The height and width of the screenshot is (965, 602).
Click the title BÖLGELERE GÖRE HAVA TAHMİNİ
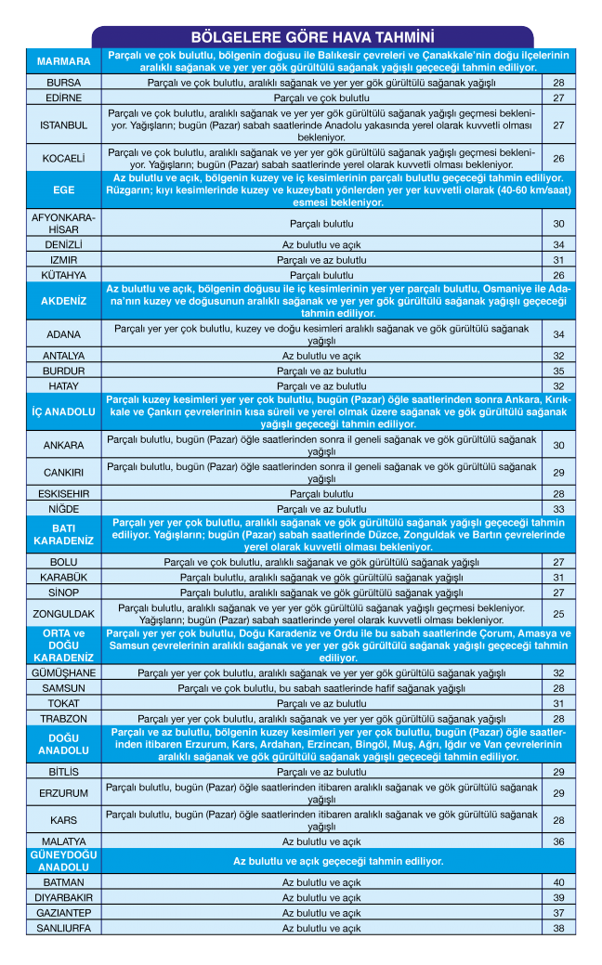pyautogui.click(x=312, y=37)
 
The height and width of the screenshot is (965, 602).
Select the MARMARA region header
pyautogui.click(x=63, y=61)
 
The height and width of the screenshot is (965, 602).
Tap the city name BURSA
pyautogui.click(x=63, y=83)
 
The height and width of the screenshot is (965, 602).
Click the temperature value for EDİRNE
pyautogui.click(x=558, y=98)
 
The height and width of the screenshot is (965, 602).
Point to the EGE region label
pyautogui.click(x=63, y=189)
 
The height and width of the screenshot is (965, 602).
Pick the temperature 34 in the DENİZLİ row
pyautogui.click(x=558, y=244)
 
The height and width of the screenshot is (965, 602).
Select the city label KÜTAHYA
pyautogui.click(x=63, y=276)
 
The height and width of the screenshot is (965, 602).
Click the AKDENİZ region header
pyautogui.click(x=63, y=302)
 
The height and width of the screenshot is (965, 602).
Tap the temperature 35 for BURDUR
pyautogui.click(x=558, y=371)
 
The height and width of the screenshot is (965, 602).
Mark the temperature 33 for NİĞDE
pyautogui.click(x=558, y=509)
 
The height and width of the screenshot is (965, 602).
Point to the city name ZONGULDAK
pyautogui.click(x=63, y=614)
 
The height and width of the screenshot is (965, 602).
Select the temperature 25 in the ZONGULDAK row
pyautogui.click(x=558, y=614)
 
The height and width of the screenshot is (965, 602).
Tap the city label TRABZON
pyautogui.click(x=63, y=719)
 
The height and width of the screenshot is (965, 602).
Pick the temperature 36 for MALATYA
pyautogui.click(x=558, y=841)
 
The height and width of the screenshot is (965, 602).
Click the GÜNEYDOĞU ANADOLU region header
pyautogui.click(x=63, y=861)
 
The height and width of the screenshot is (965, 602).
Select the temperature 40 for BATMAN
pyautogui.click(x=558, y=882)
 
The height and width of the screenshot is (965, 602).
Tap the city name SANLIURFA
pyautogui.click(x=63, y=928)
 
